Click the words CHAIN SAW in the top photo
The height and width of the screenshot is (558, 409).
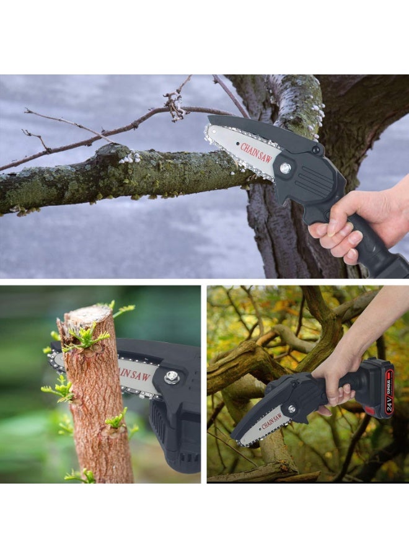(x=257, y=153)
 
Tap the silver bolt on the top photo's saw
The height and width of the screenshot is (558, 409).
(x=285, y=167)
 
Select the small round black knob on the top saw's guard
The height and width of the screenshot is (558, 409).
(x=317, y=149)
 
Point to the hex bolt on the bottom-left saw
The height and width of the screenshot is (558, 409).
(x=172, y=377)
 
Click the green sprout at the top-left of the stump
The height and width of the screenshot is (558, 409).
(x=84, y=338)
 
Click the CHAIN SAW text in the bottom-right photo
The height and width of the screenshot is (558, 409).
(x=273, y=422)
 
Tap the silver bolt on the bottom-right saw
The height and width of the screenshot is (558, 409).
(x=291, y=409)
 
